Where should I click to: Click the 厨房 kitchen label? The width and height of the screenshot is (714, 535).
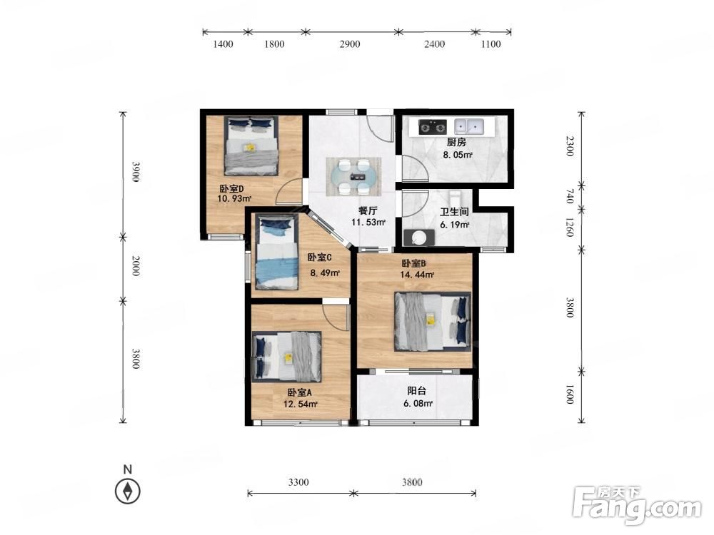pyautogui.click(x=456, y=143)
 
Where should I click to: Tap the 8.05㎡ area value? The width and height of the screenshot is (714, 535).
pyautogui.click(x=458, y=155)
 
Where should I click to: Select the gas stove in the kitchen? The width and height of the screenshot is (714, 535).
pyautogui.click(x=432, y=127)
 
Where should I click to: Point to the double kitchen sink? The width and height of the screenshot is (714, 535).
pyautogui.click(x=469, y=126)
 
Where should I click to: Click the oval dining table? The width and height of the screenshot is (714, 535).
pyautogui.click(x=354, y=176)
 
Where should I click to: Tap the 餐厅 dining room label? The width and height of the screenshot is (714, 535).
pyautogui.click(x=368, y=210)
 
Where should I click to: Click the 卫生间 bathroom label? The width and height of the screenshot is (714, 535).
pyautogui.click(x=454, y=212)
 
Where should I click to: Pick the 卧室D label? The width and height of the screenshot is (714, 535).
pyautogui.click(x=232, y=188)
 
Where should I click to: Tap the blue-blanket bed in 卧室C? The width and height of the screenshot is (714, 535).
pyautogui.click(x=276, y=252)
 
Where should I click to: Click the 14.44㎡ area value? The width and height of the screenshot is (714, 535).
pyautogui.click(x=417, y=275)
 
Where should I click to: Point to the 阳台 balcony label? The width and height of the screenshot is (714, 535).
pyautogui.click(x=417, y=391)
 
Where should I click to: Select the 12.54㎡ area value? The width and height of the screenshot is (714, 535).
pyautogui.click(x=301, y=404)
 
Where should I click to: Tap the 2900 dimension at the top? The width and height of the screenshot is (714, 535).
pyautogui.click(x=350, y=44)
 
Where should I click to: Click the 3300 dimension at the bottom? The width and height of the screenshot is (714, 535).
pyautogui.click(x=298, y=482)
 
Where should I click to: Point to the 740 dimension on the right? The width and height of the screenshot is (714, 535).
pyautogui.click(x=569, y=197)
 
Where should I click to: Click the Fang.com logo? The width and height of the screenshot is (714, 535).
pyautogui.click(x=637, y=504)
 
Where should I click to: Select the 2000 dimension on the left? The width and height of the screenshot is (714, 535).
pyautogui.click(x=135, y=266)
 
